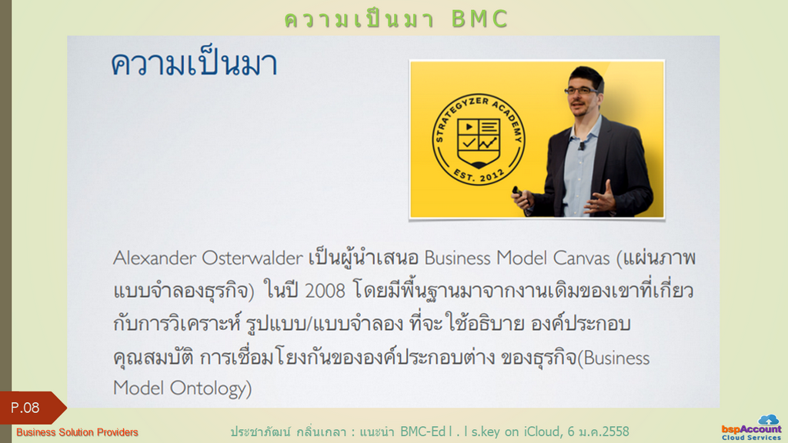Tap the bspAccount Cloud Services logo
coord(751,428)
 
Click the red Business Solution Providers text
coord(77,432)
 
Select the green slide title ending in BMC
coord(396,19)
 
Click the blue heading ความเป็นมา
coord(194,63)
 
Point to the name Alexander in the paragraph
coord(155,258)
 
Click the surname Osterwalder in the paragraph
coord(252,258)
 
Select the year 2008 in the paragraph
coord(325,291)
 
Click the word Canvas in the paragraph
coord(581,258)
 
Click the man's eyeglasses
coord(581,91)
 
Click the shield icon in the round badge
coord(479,142)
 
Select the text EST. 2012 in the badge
coord(478,174)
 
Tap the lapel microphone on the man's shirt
coord(582,145)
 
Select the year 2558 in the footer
coord(614,431)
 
